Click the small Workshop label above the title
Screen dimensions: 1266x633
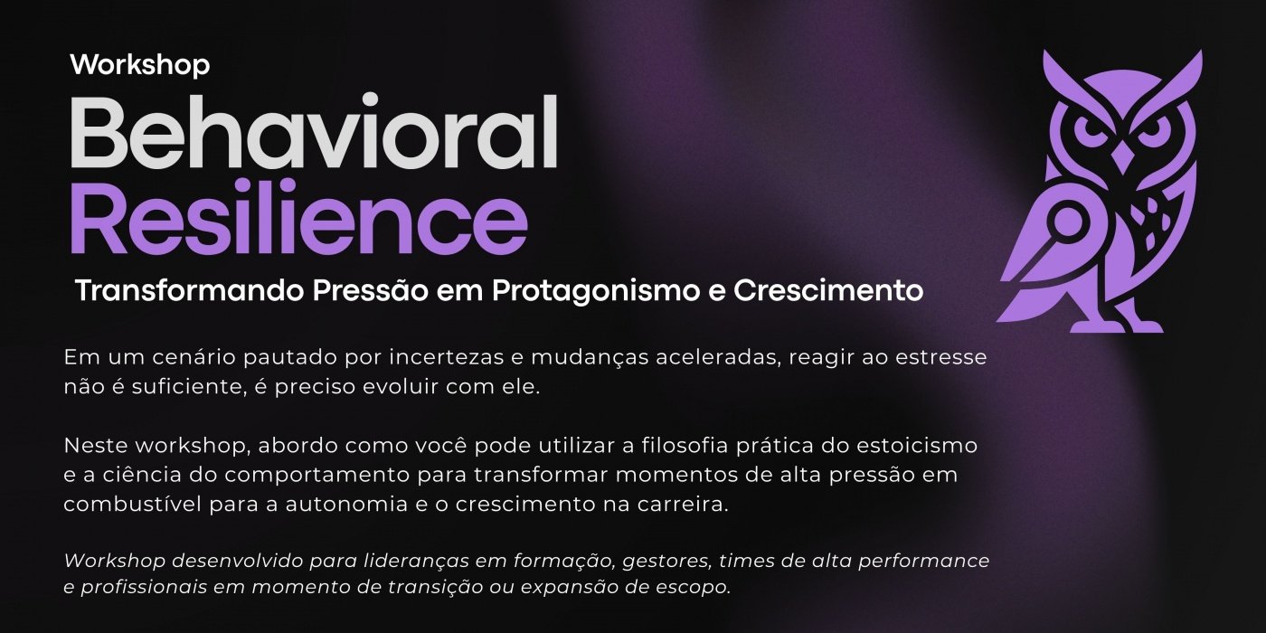pos(140,65)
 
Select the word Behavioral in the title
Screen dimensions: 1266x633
pos(315,132)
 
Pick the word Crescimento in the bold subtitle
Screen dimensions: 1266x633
pos(828,290)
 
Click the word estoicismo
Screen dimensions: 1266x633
pos(917,445)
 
